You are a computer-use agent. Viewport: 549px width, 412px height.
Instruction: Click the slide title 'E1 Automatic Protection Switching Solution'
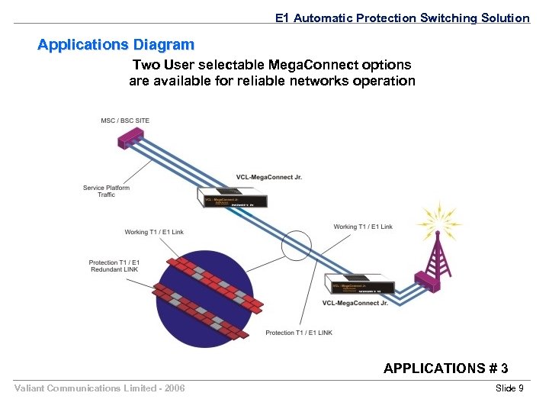coord(402,18)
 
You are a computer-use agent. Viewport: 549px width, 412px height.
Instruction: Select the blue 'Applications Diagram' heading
coord(116,45)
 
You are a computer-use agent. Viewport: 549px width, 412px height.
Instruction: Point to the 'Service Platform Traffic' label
coord(106,192)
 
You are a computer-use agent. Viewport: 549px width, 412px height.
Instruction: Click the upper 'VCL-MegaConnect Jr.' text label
coord(268,177)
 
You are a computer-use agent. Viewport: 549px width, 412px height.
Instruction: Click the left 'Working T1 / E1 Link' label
coord(154,232)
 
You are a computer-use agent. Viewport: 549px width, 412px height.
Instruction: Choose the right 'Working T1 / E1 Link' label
coord(363,227)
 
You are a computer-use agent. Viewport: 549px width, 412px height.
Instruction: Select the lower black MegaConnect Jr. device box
coord(362,286)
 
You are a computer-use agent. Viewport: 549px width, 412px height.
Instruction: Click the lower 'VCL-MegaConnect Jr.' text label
coord(355,303)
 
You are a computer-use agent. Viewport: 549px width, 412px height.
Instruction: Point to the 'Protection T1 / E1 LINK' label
coord(299,333)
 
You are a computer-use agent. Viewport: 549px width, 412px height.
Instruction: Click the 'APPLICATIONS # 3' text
coord(445,369)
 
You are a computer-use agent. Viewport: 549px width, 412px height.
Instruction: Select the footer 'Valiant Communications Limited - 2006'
coord(100,389)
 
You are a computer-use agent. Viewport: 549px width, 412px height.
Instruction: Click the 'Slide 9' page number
coord(509,389)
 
